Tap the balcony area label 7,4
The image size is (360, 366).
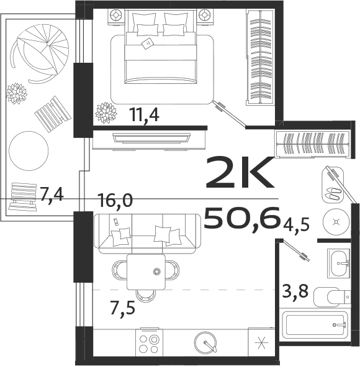tap(52, 195)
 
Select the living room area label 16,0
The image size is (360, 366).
tap(115, 200)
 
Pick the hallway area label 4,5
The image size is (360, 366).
tap(297, 223)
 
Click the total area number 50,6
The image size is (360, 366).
tap(242, 218)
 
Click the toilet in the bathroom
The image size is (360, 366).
tap(328, 298)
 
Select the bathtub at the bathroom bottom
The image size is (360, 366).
tap(313, 325)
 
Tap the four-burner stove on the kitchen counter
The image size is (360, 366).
tap(150, 344)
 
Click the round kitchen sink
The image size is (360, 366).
tap(205, 343)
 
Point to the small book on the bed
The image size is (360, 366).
tap(148, 43)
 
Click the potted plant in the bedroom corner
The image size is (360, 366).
tap(106, 112)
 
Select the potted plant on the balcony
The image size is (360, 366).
tap(16, 93)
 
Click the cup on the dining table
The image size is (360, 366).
tap(157, 272)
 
